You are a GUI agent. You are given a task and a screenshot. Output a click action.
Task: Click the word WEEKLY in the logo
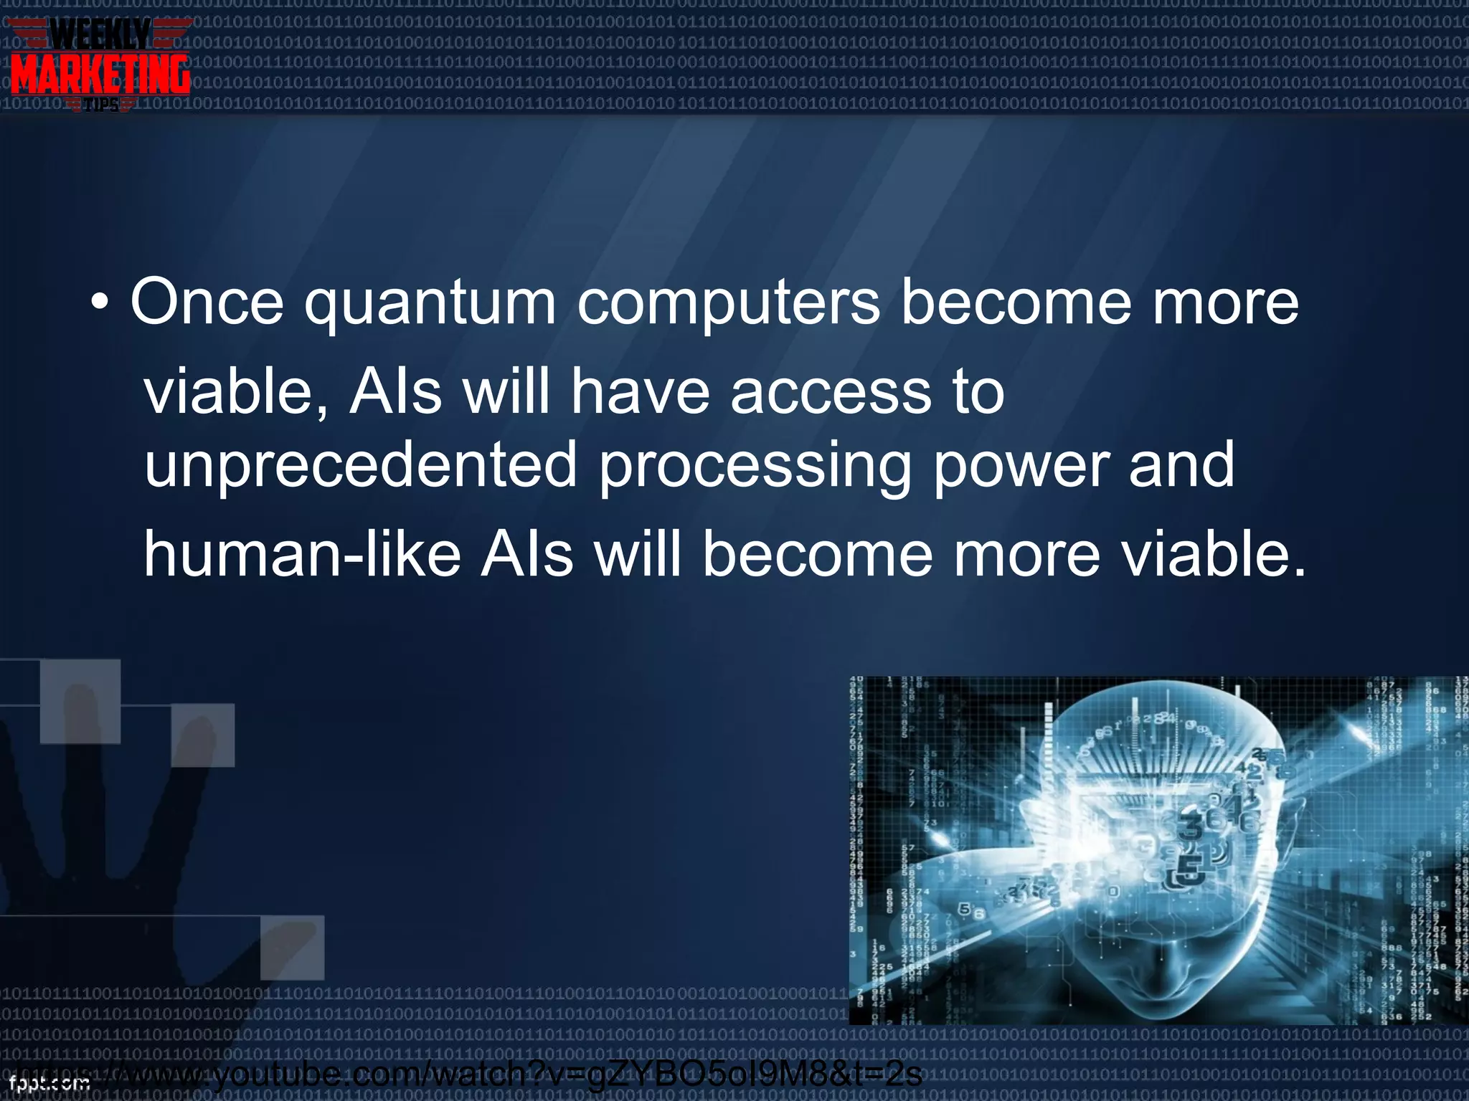coord(100,34)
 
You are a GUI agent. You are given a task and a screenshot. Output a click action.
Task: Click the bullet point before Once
coord(100,304)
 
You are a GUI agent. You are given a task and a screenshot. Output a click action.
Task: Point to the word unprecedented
coord(360,467)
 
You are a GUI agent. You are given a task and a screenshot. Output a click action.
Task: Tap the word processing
coord(755,467)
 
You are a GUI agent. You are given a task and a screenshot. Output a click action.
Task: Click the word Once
coord(207,302)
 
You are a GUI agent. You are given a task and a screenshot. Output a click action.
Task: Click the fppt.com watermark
coord(49,1083)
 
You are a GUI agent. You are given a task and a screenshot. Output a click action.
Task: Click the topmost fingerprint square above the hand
coord(80,700)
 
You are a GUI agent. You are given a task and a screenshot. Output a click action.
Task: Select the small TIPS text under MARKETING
coord(100,106)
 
